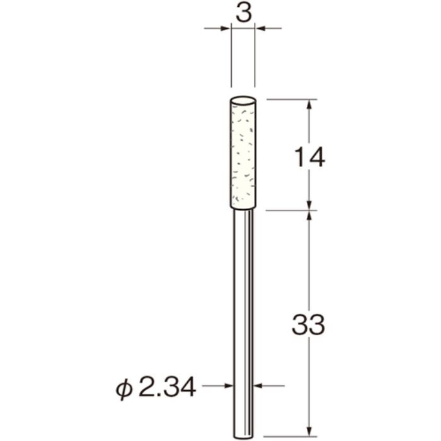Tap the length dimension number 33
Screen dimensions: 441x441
(308, 326)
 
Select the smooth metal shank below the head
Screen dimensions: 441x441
(243, 315)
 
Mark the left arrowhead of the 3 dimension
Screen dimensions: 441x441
(226, 28)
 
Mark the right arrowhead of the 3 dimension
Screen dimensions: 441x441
(260, 28)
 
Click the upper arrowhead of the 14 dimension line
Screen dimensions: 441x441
(309, 104)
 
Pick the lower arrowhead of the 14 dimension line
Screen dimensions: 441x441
(309, 204)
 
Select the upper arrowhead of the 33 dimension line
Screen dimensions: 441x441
(309, 215)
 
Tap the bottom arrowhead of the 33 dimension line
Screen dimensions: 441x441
(309, 431)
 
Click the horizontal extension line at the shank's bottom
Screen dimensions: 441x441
(290, 436)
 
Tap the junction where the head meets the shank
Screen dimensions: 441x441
(243, 209)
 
